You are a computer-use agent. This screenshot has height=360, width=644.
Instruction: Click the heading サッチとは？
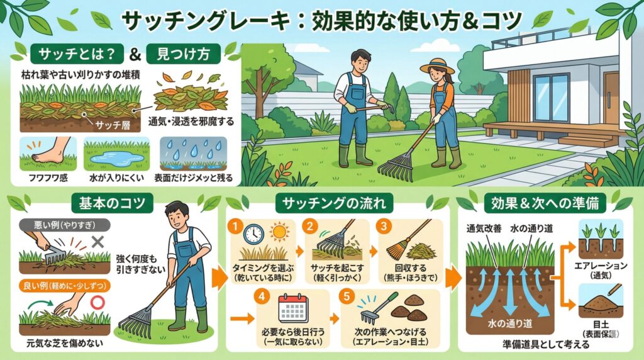(77, 54)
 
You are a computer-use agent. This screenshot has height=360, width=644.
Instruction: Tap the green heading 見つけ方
(183, 54)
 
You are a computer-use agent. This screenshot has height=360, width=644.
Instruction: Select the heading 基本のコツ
(112, 203)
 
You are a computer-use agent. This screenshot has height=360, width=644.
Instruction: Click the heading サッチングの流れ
(334, 203)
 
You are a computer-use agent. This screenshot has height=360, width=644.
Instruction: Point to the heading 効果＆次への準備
(545, 203)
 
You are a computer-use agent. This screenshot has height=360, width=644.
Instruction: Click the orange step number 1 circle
(235, 227)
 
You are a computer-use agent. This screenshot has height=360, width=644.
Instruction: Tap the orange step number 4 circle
(262, 296)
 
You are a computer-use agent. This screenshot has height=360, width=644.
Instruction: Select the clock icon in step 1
(253, 235)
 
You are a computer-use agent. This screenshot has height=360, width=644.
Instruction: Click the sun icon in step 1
(279, 232)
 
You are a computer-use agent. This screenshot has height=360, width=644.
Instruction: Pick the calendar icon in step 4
(293, 308)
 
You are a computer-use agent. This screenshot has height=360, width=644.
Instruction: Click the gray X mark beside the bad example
(97, 242)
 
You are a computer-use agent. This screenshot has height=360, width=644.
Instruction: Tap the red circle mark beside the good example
(97, 303)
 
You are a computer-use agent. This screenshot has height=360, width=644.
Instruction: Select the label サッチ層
(113, 124)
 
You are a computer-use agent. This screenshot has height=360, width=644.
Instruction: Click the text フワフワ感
(48, 178)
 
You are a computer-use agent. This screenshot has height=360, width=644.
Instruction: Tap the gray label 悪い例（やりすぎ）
(65, 225)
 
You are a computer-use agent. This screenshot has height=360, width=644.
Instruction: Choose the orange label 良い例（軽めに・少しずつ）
(65, 286)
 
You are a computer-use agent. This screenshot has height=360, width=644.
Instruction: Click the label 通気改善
(484, 228)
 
